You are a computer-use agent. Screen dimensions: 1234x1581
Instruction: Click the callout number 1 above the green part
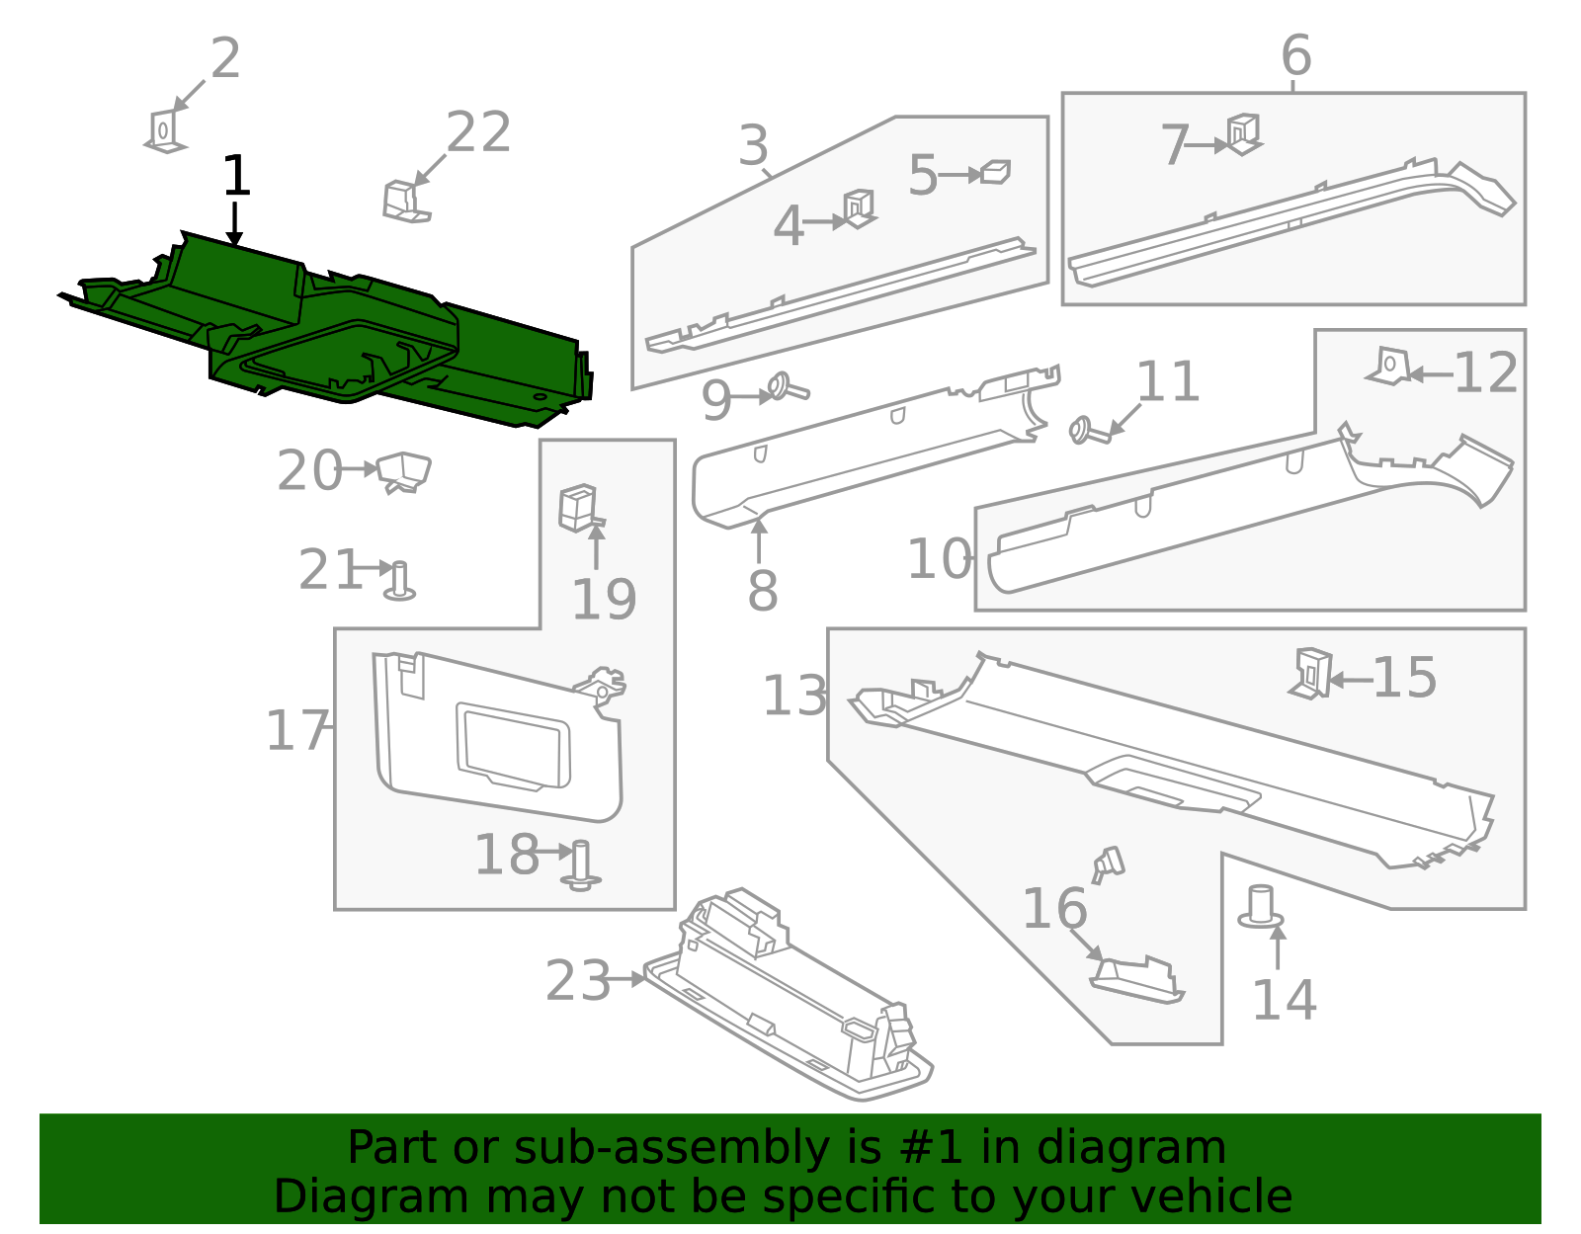click(x=236, y=177)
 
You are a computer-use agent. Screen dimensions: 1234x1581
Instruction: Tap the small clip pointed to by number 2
click(x=164, y=131)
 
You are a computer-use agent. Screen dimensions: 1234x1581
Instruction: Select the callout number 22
click(x=478, y=132)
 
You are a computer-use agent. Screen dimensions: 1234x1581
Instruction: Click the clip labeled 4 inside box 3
click(x=858, y=208)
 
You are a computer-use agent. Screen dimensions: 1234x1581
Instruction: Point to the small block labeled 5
click(x=996, y=173)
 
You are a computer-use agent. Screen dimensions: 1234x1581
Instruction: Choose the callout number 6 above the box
click(x=1295, y=55)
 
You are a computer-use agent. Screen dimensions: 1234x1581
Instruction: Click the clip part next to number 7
click(x=1243, y=133)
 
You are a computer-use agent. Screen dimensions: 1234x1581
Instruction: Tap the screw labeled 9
click(x=787, y=386)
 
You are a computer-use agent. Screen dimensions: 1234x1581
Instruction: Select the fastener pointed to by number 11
click(x=1088, y=432)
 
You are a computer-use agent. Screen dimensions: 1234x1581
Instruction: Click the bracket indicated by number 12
click(x=1388, y=367)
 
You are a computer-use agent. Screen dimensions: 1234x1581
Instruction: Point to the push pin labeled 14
click(x=1261, y=907)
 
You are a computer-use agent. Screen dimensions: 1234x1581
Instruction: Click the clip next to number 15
click(x=1311, y=673)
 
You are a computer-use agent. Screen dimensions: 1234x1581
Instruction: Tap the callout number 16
click(x=1053, y=909)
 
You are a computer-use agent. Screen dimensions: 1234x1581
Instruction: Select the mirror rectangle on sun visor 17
click(x=513, y=745)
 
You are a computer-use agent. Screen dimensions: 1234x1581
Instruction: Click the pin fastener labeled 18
click(x=580, y=864)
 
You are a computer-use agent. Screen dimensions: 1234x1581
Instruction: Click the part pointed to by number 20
click(x=404, y=471)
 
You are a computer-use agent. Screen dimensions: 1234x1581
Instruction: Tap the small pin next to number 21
click(x=399, y=581)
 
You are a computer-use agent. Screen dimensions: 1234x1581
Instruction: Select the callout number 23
click(x=578, y=981)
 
